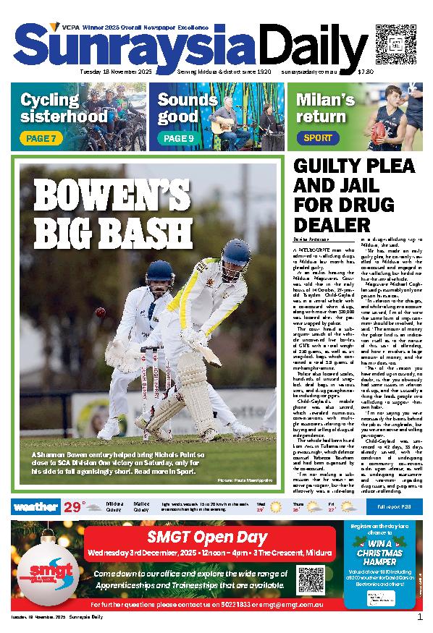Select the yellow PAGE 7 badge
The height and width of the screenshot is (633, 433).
tap(41, 138)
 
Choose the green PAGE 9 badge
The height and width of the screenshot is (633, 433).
tap(178, 138)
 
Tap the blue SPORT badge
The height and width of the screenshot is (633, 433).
tap(318, 137)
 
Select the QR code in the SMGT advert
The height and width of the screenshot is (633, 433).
tap(309, 578)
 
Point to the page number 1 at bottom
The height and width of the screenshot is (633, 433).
tap(419, 617)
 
